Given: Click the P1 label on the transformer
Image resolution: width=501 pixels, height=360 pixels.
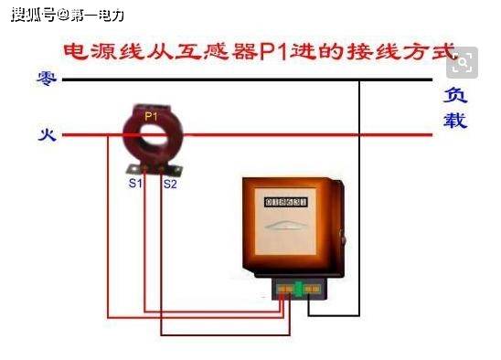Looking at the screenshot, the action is tap(151, 116).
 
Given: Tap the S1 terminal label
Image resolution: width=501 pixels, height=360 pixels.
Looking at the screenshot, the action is tap(135, 184).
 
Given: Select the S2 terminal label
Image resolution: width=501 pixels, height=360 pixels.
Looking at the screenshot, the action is tap(170, 184).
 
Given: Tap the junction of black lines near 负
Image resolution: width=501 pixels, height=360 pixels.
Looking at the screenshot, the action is tap(359, 79).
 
